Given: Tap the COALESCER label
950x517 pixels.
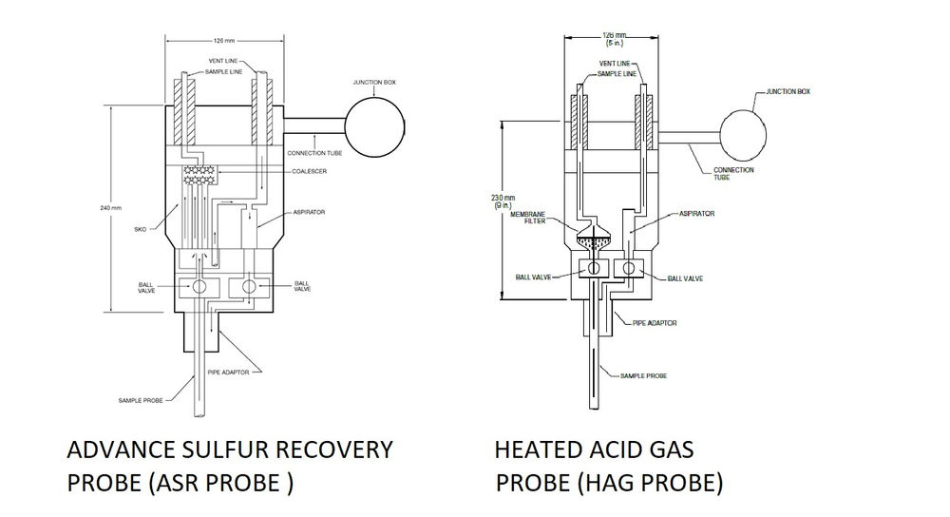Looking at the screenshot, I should tap(312, 171).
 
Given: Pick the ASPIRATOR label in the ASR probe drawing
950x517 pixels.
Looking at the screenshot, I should tap(310, 213).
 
